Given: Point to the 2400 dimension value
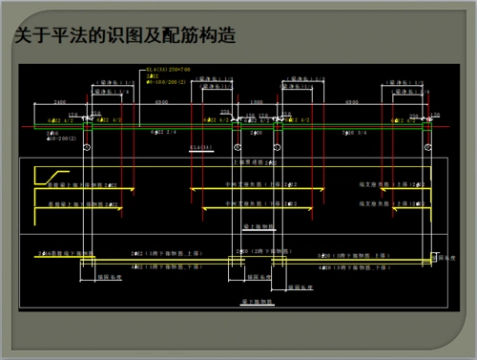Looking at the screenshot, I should [x=59, y=102].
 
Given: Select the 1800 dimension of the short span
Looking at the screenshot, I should [x=257, y=102].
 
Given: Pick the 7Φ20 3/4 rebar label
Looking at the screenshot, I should [x=352, y=133].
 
